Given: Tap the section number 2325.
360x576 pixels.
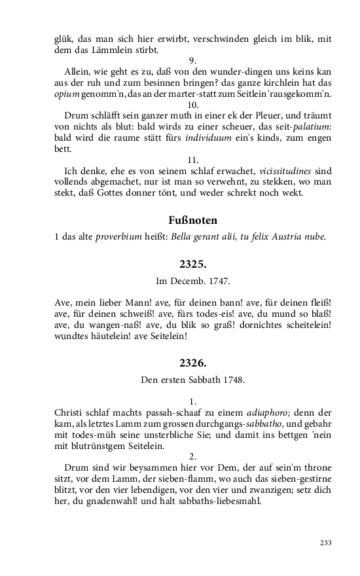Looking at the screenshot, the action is click(192, 264).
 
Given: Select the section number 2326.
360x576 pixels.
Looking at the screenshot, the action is click(192, 361).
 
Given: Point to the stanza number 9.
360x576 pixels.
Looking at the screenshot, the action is click(192, 60).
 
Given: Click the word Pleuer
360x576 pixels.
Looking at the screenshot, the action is click(251, 116).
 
